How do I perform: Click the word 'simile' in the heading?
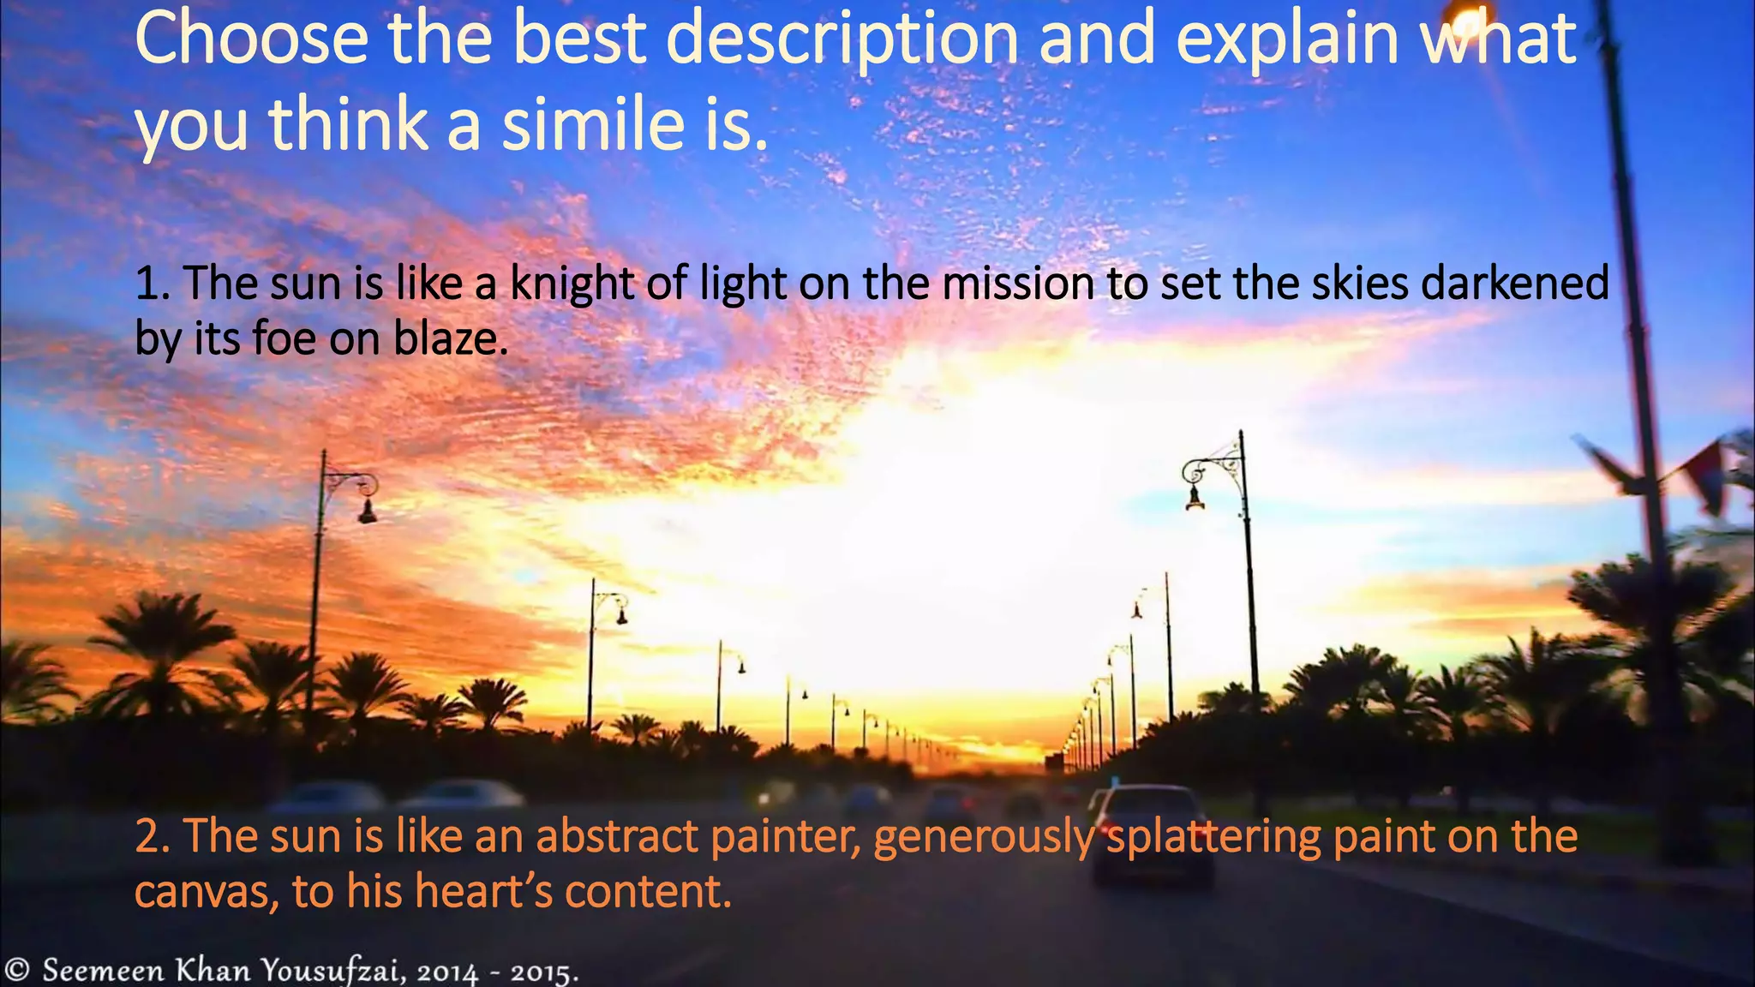pyautogui.click(x=592, y=124)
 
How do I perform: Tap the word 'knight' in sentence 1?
pyautogui.click(x=572, y=283)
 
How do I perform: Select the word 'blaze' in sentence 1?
pyautogui.click(x=450, y=338)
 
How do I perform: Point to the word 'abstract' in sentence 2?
pyautogui.click(x=617, y=836)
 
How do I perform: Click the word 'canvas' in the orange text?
pyautogui.click(x=207, y=892)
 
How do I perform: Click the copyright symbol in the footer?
pyautogui.click(x=17, y=970)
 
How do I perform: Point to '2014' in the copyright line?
pyautogui.click(x=448, y=973)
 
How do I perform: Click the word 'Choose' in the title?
pyautogui.click(x=250, y=39)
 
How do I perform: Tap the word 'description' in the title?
pyautogui.click(x=842, y=39)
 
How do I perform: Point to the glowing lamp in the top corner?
pyautogui.click(x=1467, y=15)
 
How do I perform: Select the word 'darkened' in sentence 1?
pyautogui.click(x=1515, y=283)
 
